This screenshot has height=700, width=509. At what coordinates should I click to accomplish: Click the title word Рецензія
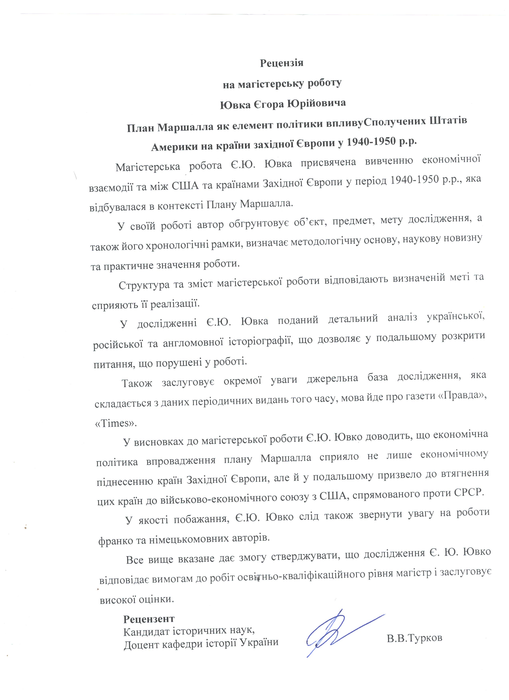(281, 63)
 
